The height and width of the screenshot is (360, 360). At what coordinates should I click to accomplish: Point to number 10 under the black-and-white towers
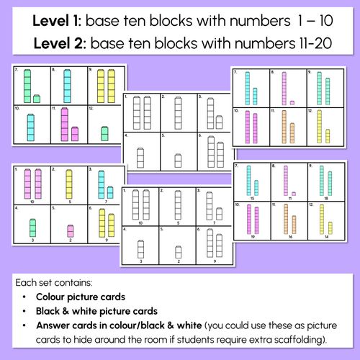(141, 223)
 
